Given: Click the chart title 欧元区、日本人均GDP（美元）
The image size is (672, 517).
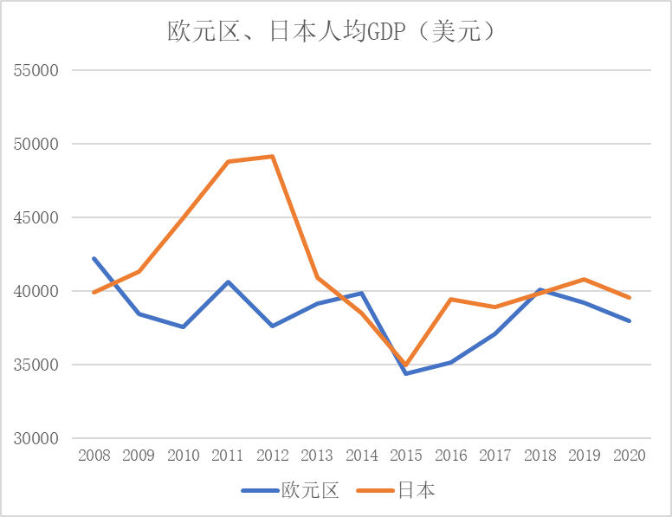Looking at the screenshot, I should [x=332, y=33].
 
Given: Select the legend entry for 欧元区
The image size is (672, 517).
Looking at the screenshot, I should [x=309, y=490].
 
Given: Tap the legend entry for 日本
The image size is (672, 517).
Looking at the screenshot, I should [x=416, y=490].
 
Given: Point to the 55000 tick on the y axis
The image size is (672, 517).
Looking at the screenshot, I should [x=36, y=70].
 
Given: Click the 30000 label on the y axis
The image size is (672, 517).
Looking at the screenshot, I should [x=36, y=438].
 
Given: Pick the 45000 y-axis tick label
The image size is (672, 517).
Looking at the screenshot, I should [x=36, y=217].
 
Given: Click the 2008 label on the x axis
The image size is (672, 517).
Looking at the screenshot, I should [x=94, y=456].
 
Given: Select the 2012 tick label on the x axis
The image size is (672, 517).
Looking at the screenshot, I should [x=272, y=456].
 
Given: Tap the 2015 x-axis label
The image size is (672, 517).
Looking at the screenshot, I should [x=406, y=456].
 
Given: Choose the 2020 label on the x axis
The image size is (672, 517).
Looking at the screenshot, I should [x=630, y=456].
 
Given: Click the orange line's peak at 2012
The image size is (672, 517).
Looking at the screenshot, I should [x=272, y=157].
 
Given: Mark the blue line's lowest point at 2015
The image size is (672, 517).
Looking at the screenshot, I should [x=406, y=373].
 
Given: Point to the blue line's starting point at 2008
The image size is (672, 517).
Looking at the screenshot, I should [x=94, y=258].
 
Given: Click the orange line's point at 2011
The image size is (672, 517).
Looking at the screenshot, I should [x=228, y=162].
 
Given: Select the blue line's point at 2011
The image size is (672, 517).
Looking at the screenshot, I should [x=228, y=281].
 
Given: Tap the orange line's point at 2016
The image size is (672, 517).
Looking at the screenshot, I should [x=451, y=299].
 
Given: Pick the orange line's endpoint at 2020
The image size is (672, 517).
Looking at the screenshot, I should [x=630, y=297].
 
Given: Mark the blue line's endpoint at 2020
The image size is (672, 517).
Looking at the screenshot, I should [x=630, y=320].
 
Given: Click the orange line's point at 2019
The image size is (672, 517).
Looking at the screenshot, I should [x=585, y=279].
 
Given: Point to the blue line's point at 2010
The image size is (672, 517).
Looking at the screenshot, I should [x=183, y=326].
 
